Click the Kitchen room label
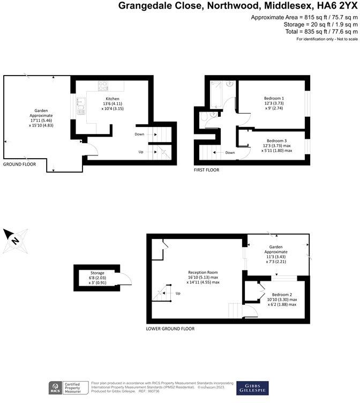click(112, 99)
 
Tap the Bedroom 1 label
click(274, 99)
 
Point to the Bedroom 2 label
click(282, 295)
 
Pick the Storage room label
click(97, 272)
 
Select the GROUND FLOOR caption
click(19, 164)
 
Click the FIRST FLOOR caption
click(206, 170)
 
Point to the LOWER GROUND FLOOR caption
click(170, 329)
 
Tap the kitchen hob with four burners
click(103, 86)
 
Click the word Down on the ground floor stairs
click(139, 134)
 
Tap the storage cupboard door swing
click(123, 278)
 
